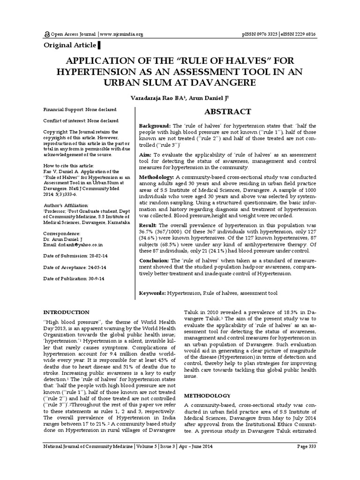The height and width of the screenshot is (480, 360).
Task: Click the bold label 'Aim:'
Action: pos(147,154)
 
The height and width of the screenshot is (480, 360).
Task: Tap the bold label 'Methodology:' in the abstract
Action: pos(157,176)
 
